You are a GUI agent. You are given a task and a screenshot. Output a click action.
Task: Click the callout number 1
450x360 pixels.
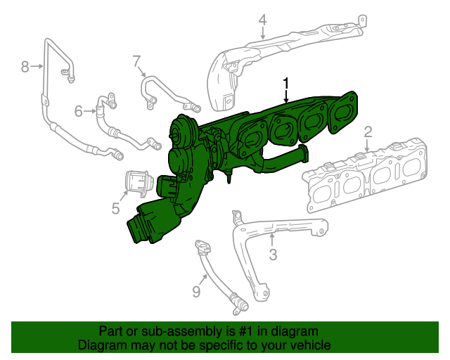tap(286, 84)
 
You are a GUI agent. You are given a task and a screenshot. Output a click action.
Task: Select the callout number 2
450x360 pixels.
tap(367, 131)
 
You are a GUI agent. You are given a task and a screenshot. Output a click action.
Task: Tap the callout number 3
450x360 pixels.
tap(274, 254)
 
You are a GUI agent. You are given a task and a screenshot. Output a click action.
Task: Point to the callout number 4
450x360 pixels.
tap(262, 20)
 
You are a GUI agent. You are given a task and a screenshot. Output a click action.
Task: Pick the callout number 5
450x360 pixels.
tap(115, 207)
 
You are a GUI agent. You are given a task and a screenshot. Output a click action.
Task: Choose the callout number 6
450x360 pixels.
tap(79, 110)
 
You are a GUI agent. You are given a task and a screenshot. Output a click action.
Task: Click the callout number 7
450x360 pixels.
tap(136, 61)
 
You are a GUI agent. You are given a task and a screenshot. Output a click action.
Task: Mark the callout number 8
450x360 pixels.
tap(25, 67)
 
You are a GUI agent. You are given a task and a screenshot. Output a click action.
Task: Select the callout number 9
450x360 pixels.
tap(196, 290)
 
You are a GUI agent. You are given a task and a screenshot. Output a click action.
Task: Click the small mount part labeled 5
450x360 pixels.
tap(139, 183)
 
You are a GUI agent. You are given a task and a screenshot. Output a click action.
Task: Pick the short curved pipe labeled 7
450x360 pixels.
tap(165, 91)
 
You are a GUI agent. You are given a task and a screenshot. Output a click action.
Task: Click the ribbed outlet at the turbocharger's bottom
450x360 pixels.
tap(141, 229)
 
